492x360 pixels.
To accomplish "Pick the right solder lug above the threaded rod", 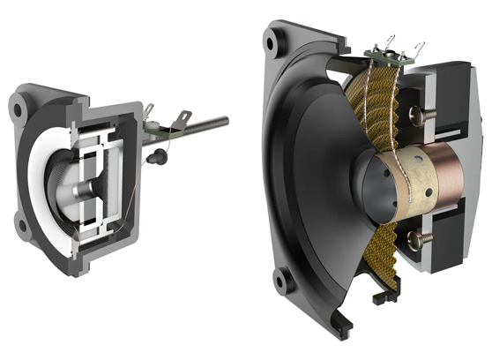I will tap(184, 116).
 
